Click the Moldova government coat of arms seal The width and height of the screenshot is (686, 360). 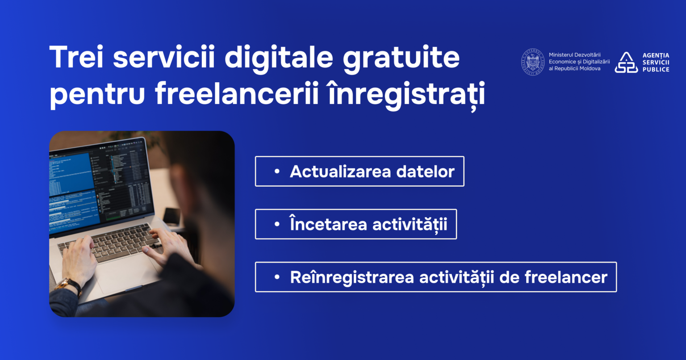coord(533,62)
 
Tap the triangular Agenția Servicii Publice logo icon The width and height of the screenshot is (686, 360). coord(626,63)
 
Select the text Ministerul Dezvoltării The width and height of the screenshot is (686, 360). coord(575,55)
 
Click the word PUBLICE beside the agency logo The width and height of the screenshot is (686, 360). coord(656,70)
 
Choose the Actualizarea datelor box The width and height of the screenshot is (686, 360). coord(360,171)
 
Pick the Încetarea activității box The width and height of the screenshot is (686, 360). coord(356,224)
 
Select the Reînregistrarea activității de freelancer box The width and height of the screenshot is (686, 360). coord(435,277)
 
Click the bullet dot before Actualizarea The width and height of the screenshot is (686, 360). coord(277,172)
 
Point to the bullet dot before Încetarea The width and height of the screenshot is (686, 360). coord(277,224)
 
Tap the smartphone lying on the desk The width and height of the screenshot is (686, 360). coord(171,216)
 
